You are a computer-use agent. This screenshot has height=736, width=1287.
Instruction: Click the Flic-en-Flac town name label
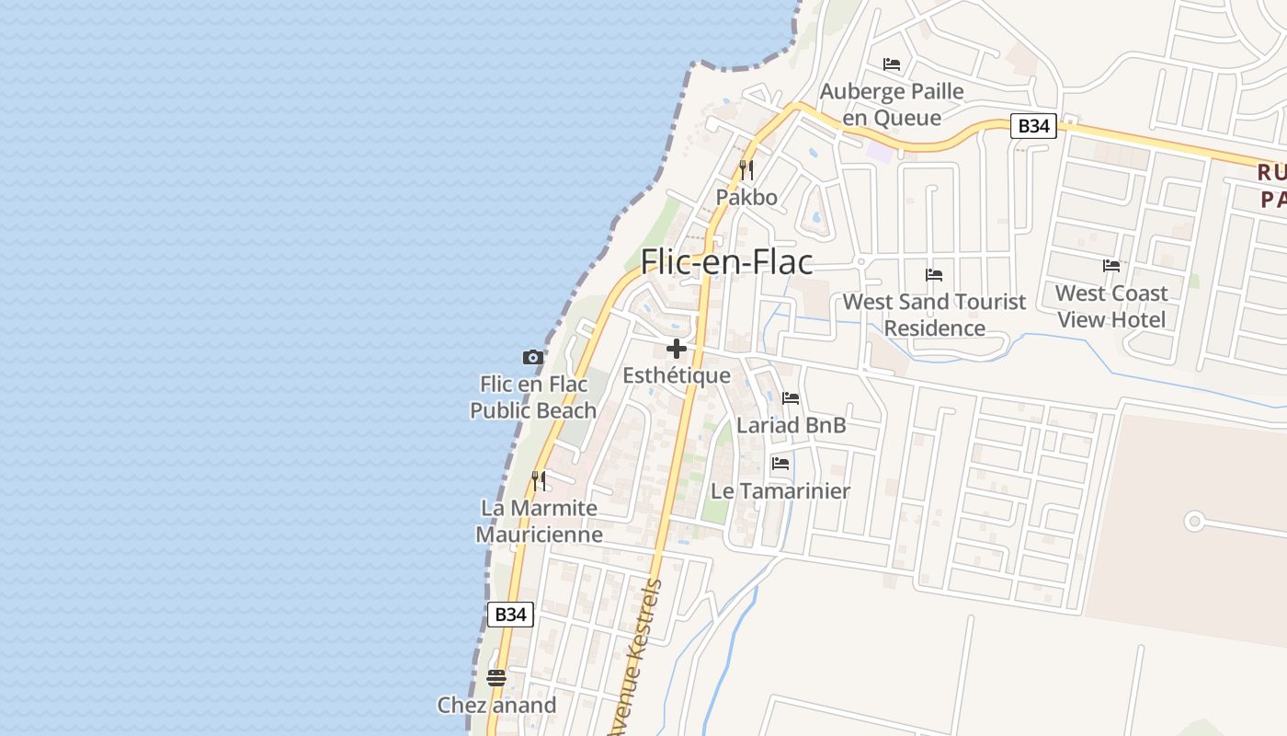[x=726, y=262]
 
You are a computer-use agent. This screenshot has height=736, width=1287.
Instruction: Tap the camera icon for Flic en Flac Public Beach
[x=532, y=357]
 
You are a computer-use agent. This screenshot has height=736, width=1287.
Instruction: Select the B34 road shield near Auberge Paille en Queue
[x=1033, y=126]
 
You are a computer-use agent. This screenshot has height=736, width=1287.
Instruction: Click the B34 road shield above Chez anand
[x=509, y=615]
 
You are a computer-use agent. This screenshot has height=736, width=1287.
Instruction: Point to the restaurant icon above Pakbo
[x=746, y=170]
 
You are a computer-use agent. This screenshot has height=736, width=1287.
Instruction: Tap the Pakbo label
[x=746, y=198]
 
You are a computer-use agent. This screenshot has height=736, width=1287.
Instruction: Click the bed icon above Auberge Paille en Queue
[x=891, y=64]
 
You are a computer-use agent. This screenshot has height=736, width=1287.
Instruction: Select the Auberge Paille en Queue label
[x=892, y=105]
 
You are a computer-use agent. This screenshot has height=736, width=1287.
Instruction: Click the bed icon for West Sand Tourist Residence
[x=934, y=275]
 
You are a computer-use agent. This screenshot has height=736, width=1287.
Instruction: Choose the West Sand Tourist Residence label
[x=934, y=315]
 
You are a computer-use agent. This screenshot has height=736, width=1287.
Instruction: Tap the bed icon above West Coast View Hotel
[x=1111, y=266]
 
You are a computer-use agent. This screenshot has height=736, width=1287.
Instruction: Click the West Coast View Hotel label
[x=1111, y=306]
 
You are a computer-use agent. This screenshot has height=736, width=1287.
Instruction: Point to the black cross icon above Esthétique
[x=677, y=349]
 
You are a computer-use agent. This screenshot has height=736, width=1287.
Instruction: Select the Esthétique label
[x=677, y=375]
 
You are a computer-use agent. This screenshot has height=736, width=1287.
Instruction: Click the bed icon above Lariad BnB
[x=791, y=398]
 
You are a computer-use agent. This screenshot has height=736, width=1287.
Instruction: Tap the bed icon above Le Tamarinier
[x=780, y=464]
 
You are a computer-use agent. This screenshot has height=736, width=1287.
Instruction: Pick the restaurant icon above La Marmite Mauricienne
[x=539, y=480]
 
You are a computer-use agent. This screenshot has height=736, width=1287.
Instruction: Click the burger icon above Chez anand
[x=496, y=678]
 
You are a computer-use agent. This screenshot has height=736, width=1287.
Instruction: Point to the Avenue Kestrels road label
[x=634, y=658]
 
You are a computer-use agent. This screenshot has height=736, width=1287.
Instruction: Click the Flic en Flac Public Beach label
[x=533, y=397]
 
